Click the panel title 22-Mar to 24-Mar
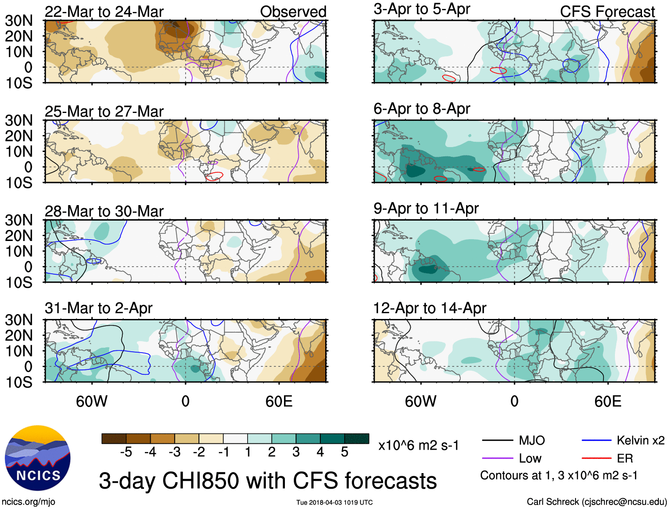pyautogui.click(x=104, y=12)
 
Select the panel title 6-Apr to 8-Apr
pyautogui.click(x=421, y=109)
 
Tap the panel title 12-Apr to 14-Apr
pyautogui.click(x=429, y=308)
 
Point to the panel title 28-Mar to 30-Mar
pyautogui.click(x=104, y=211)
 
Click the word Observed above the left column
pyautogui.click(x=293, y=12)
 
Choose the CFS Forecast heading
pyautogui.click(x=607, y=12)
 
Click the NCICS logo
pyautogui.click(x=38, y=458)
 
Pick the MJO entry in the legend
pyautogui.click(x=532, y=440)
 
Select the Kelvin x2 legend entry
pyautogui.click(x=640, y=440)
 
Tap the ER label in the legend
pyautogui.click(x=625, y=458)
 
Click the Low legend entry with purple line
pyautogui.click(x=530, y=458)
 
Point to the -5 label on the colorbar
pyautogui.click(x=126, y=452)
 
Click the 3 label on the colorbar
pyautogui.click(x=296, y=452)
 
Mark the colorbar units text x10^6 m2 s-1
pyautogui.click(x=418, y=445)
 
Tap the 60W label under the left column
pyautogui.click(x=92, y=401)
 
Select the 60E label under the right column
pyautogui.click(x=607, y=401)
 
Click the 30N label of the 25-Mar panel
pyautogui.click(x=19, y=120)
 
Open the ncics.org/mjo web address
pyautogui.click(x=28, y=501)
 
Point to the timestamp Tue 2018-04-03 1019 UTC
pyautogui.click(x=334, y=502)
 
